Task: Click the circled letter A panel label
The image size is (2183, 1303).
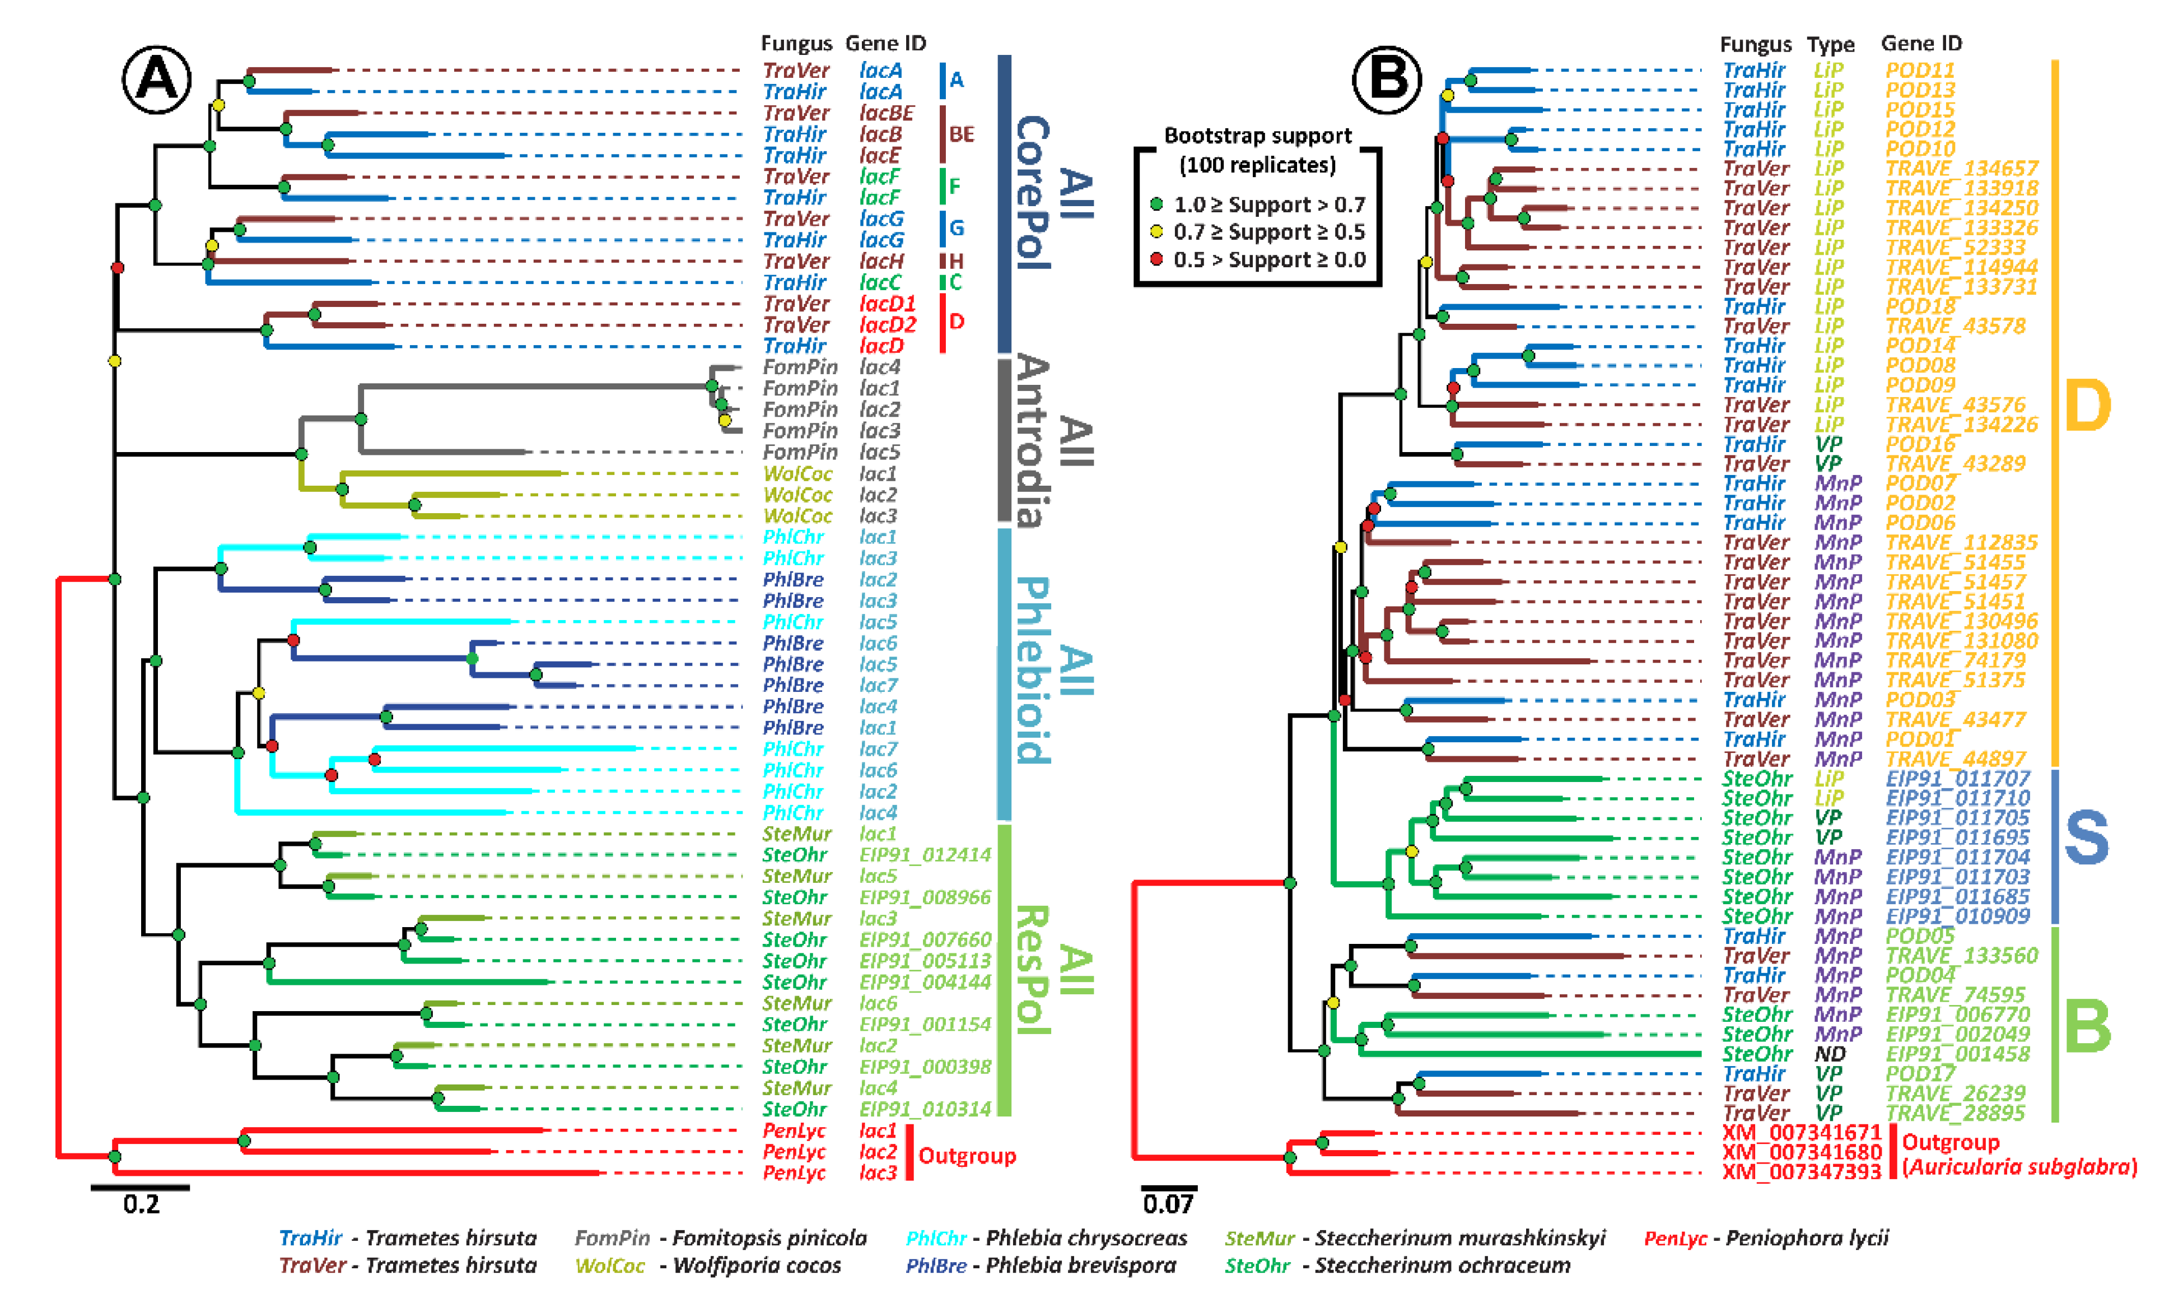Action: (x=156, y=80)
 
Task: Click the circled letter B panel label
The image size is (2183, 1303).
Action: (x=1386, y=80)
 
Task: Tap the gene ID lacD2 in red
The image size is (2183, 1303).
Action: (x=887, y=325)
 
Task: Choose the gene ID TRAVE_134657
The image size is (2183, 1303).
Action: (x=1961, y=169)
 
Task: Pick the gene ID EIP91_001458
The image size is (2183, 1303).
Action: (x=1957, y=1054)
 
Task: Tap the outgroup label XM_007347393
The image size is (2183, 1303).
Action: (x=1800, y=1172)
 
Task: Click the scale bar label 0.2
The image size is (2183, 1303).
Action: (x=141, y=1204)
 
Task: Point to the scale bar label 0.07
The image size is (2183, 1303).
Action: (x=1168, y=1204)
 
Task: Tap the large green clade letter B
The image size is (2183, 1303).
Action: (x=2087, y=1026)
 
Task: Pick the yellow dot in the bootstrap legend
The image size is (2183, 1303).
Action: (x=1157, y=232)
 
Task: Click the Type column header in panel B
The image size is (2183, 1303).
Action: (x=1830, y=44)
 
